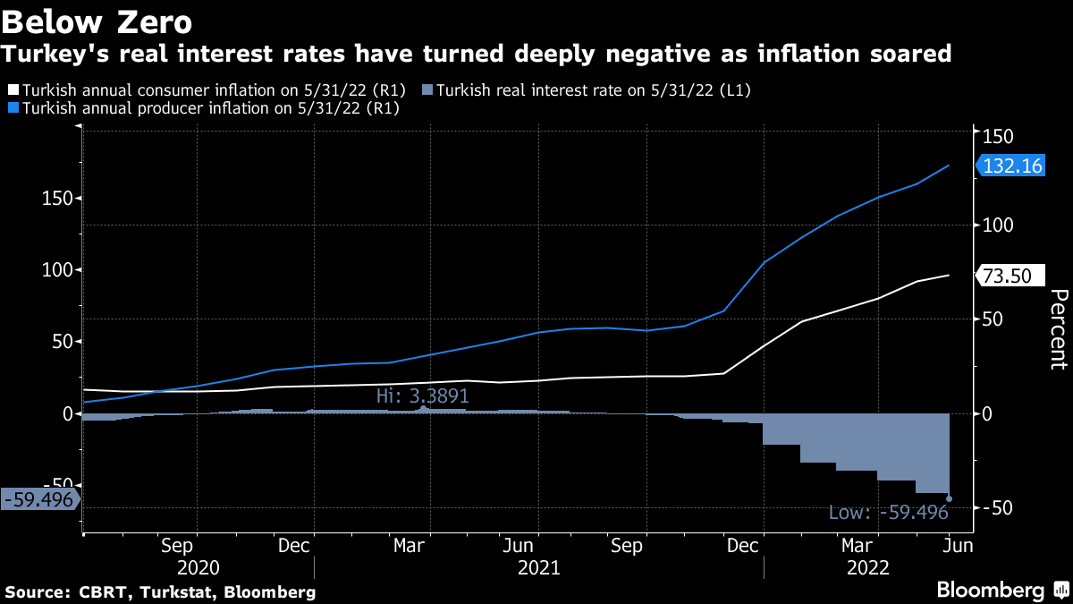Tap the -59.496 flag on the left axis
click(39, 499)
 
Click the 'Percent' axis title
click(1058, 329)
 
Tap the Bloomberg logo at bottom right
click(990, 591)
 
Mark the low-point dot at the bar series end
click(949, 498)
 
